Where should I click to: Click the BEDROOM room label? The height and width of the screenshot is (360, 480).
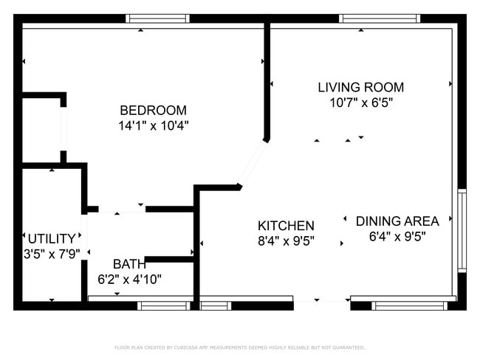coord(154,110)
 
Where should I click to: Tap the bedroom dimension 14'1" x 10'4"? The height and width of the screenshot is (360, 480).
coord(154,125)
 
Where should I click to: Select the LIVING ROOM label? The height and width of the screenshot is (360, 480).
coord(360,87)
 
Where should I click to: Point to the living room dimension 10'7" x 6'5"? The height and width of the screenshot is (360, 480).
coord(360,103)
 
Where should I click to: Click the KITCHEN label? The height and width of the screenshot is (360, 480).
coord(286,226)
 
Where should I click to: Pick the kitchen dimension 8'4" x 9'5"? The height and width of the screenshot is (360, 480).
coord(286,241)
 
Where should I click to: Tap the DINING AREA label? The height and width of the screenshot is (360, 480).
coord(397,221)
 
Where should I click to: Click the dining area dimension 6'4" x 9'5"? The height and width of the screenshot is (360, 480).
coord(397,236)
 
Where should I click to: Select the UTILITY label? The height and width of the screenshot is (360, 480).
coord(52,239)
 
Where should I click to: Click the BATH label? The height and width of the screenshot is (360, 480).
coord(129,264)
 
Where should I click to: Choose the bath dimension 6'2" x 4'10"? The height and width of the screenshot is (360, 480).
coord(129,280)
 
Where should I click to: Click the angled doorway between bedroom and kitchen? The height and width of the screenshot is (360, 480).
coord(252,163)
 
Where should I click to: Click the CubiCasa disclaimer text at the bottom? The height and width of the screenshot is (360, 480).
coord(239,347)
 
